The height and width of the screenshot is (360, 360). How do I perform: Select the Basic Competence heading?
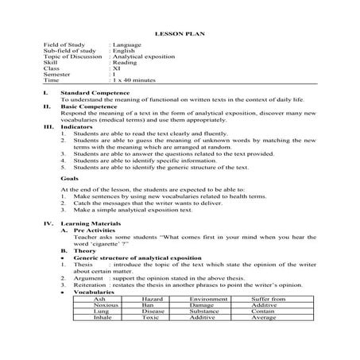click(89, 106)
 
